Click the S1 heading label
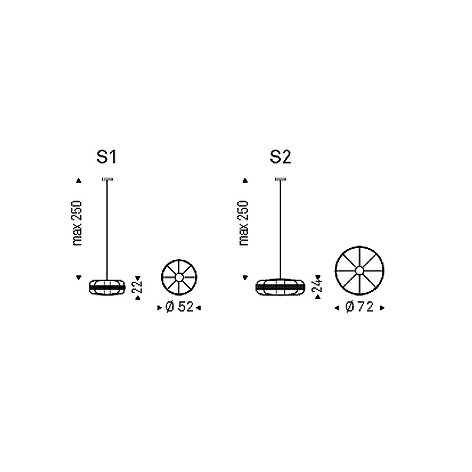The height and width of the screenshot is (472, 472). [x=107, y=157]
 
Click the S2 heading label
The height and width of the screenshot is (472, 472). [x=280, y=157]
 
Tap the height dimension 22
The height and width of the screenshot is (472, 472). [x=137, y=287]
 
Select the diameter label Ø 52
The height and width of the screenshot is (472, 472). [x=179, y=307]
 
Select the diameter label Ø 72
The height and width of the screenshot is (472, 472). [x=359, y=307]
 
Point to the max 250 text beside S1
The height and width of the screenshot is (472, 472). [x=77, y=223]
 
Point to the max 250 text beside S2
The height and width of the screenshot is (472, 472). [x=244, y=223]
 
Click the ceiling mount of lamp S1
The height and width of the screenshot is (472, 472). [x=107, y=179]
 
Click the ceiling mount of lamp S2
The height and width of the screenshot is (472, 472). [x=281, y=179]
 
